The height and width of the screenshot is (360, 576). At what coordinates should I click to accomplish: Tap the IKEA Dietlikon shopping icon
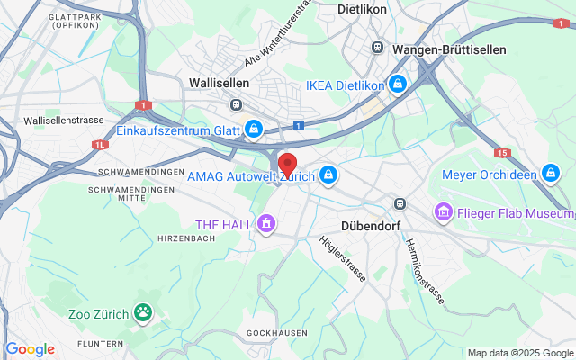click(x=398, y=85)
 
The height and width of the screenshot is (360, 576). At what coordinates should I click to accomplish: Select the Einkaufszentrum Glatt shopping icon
click(x=254, y=130)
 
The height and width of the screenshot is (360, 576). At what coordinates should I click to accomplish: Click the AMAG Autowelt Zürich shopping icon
click(x=329, y=174)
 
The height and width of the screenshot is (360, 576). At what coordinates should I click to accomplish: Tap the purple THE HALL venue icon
click(x=265, y=222)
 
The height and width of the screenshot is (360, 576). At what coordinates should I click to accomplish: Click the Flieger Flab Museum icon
click(x=443, y=212)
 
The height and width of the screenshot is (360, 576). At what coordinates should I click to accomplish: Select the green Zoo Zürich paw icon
click(x=143, y=312)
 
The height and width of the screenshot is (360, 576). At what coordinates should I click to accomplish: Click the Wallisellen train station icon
click(x=236, y=104)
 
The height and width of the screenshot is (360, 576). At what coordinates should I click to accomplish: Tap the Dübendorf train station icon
click(x=400, y=203)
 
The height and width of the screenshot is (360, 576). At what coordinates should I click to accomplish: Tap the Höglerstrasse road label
click(x=343, y=259)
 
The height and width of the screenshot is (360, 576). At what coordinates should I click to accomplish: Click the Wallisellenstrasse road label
click(x=64, y=120)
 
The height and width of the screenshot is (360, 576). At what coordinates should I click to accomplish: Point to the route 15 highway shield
click(x=501, y=153)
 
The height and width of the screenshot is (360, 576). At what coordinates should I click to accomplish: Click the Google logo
click(x=30, y=349)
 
